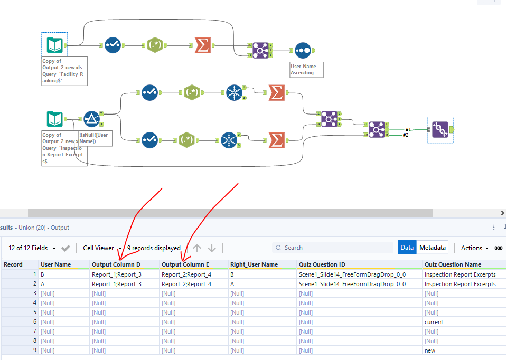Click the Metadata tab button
click(x=433, y=248)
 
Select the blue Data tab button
click(x=407, y=248)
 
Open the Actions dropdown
click(x=474, y=248)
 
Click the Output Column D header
click(x=116, y=264)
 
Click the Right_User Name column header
click(x=254, y=264)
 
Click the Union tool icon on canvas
click(x=441, y=130)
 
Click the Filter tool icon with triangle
click(x=92, y=119)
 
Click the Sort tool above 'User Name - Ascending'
click(x=303, y=50)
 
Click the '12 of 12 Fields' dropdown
click(x=32, y=248)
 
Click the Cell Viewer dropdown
click(x=102, y=248)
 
